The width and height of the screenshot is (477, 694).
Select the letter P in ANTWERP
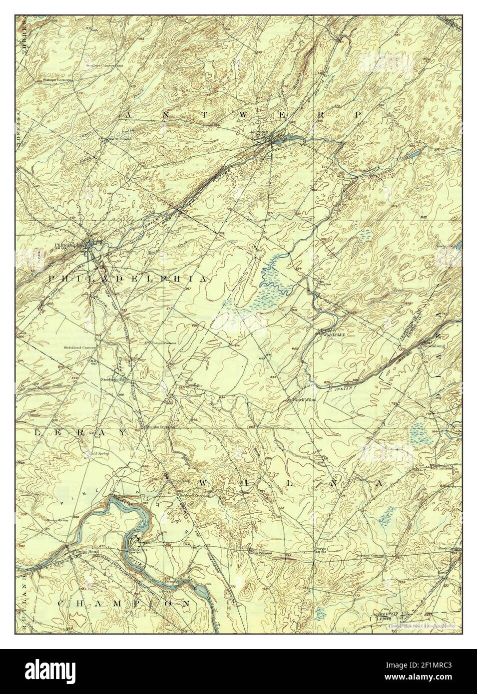pyautogui.click(x=358, y=114)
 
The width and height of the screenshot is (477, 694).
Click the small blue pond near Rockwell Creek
pyautogui.click(x=414, y=155)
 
